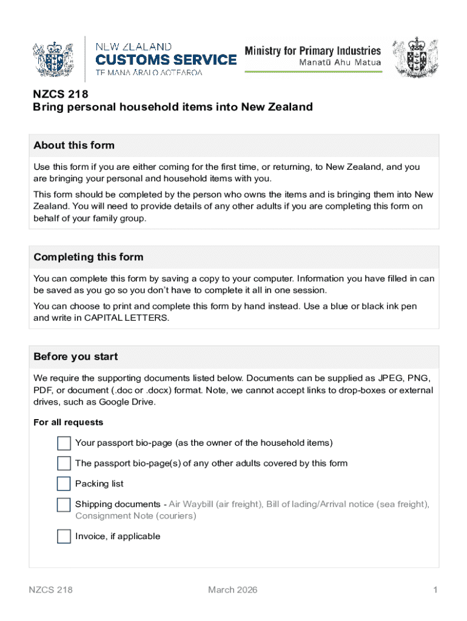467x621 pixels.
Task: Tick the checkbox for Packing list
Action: (x=64, y=484)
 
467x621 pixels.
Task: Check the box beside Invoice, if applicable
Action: (x=64, y=536)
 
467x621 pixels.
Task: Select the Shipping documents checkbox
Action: (x=64, y=505)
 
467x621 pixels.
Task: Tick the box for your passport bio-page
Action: (x=64, y=443)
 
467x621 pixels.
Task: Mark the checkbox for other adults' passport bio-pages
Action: (x=64, y=464)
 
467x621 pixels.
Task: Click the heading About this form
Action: (x=74, y=146)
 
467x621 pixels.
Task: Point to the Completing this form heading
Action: (x=89, y=257)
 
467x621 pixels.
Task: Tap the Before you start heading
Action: (x=76, y=357)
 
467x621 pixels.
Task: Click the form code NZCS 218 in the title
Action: (x=61, y=94)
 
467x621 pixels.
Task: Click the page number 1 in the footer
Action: (x=435, y=590)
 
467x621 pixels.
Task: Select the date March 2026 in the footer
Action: (x=233, y=590)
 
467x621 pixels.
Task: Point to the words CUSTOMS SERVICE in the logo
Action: (x=166, y=59)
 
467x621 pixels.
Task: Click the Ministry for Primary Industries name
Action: (x=312, y=51)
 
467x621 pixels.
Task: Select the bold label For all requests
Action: (x=68, y=423)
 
